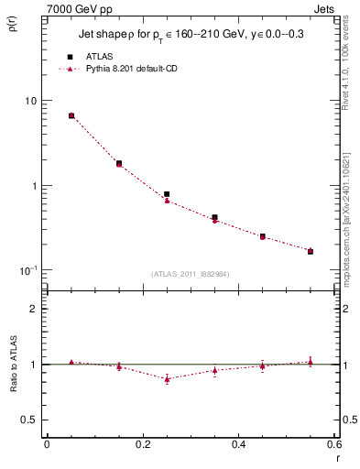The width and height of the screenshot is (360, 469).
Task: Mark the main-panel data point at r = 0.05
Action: tap(71, 115)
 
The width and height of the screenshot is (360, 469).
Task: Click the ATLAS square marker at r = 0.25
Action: tap(167, 194)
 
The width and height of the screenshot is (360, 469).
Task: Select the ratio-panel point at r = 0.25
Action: tap(167, 378)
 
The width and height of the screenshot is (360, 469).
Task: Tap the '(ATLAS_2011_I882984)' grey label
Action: tap(191, 274)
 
